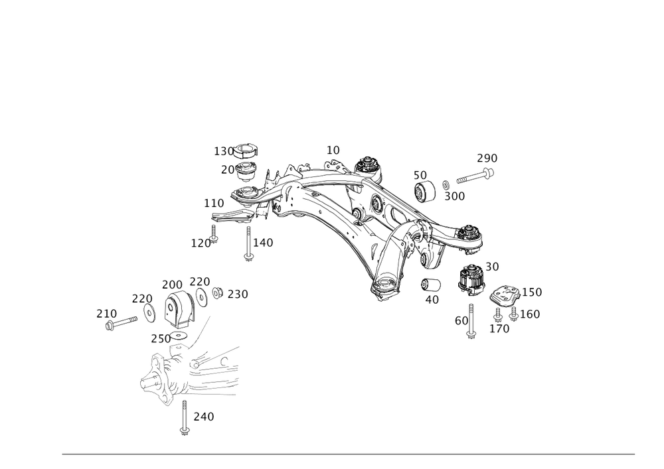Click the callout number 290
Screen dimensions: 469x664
(487, 159)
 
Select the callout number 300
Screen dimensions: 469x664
(454, 196)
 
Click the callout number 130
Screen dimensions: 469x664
(224, 152)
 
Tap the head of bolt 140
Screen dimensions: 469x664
(248, 256)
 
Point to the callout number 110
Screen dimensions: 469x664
(213, 202)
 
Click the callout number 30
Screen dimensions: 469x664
(492, 266)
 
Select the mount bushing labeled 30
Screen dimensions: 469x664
(471, 279)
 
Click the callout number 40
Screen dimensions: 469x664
(432, 299)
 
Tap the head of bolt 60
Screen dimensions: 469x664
(471, 334)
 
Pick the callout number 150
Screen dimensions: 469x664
(533, 292)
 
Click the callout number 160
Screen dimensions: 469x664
(532, 314)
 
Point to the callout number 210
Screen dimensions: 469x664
(106, 312)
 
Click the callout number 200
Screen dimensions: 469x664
(172, 284)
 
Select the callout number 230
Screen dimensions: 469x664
(237, 294)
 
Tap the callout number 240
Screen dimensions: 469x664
(203, 417)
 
